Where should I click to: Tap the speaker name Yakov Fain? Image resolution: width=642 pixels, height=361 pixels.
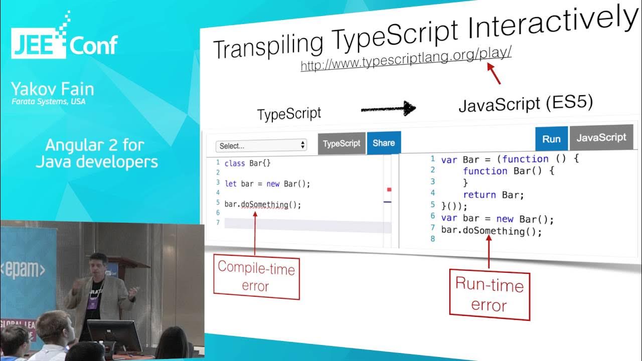pyautogui.click(x=53, y=90)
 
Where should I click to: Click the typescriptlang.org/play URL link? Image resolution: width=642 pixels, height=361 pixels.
pyautogui.click(x=406, y=60)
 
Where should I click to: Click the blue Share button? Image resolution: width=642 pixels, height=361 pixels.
pyautogui.click(x=384, y=143)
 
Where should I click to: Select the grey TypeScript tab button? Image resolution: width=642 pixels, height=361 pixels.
pyautogui.click(x=342, y=143)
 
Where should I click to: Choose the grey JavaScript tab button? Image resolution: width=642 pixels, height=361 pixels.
pyautogui.click(x=601, y=137)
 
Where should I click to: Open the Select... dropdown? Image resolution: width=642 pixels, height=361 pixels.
pyautogui.click(x=261, y=145)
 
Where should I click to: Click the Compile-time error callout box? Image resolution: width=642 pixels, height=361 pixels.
pyautogui.click(x=256, y=277)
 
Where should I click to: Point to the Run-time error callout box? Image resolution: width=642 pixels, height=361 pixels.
pyautogui.click(x=489, y=295)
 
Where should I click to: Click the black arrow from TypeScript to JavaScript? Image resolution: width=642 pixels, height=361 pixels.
pyautogui.click(x=388, y=108)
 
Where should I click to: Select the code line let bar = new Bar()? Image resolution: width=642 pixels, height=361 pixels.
pyautogui.click(x=268, y=184)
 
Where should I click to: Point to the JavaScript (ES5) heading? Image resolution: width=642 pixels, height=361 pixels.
pyautogui.click(x=526, y=104)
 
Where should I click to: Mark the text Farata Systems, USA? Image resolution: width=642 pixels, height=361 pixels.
pyautogui.click(x=49, y=102)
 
